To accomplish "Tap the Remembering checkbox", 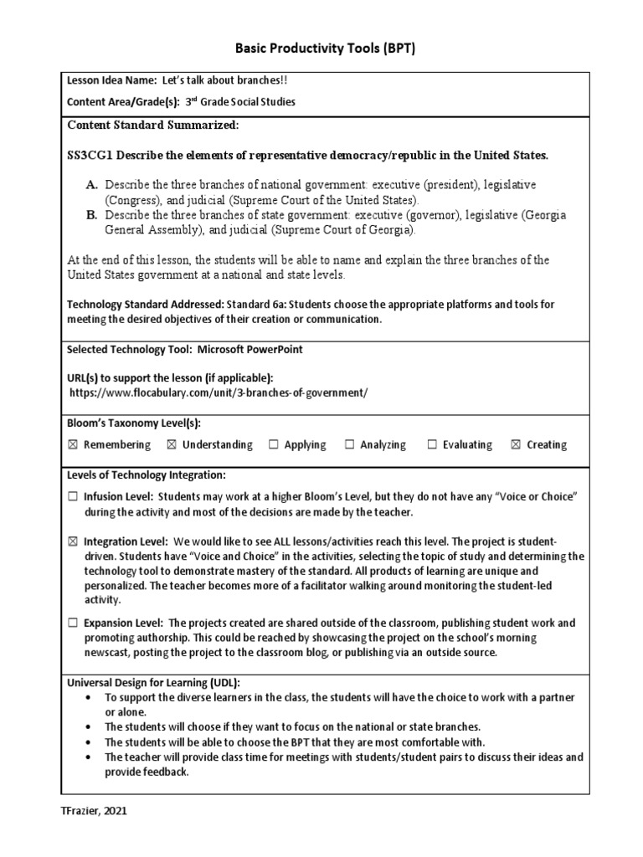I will point(72,445).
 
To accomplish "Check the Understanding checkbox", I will point(171,445).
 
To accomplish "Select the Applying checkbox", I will point(273,445).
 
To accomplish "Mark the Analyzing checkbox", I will point(349,445).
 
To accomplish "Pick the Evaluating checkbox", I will point(432,445).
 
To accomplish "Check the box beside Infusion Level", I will point(72,497).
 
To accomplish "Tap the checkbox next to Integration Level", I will point(72,541).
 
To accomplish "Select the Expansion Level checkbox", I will point(72,623).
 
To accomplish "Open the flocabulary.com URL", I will point(218,393).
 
